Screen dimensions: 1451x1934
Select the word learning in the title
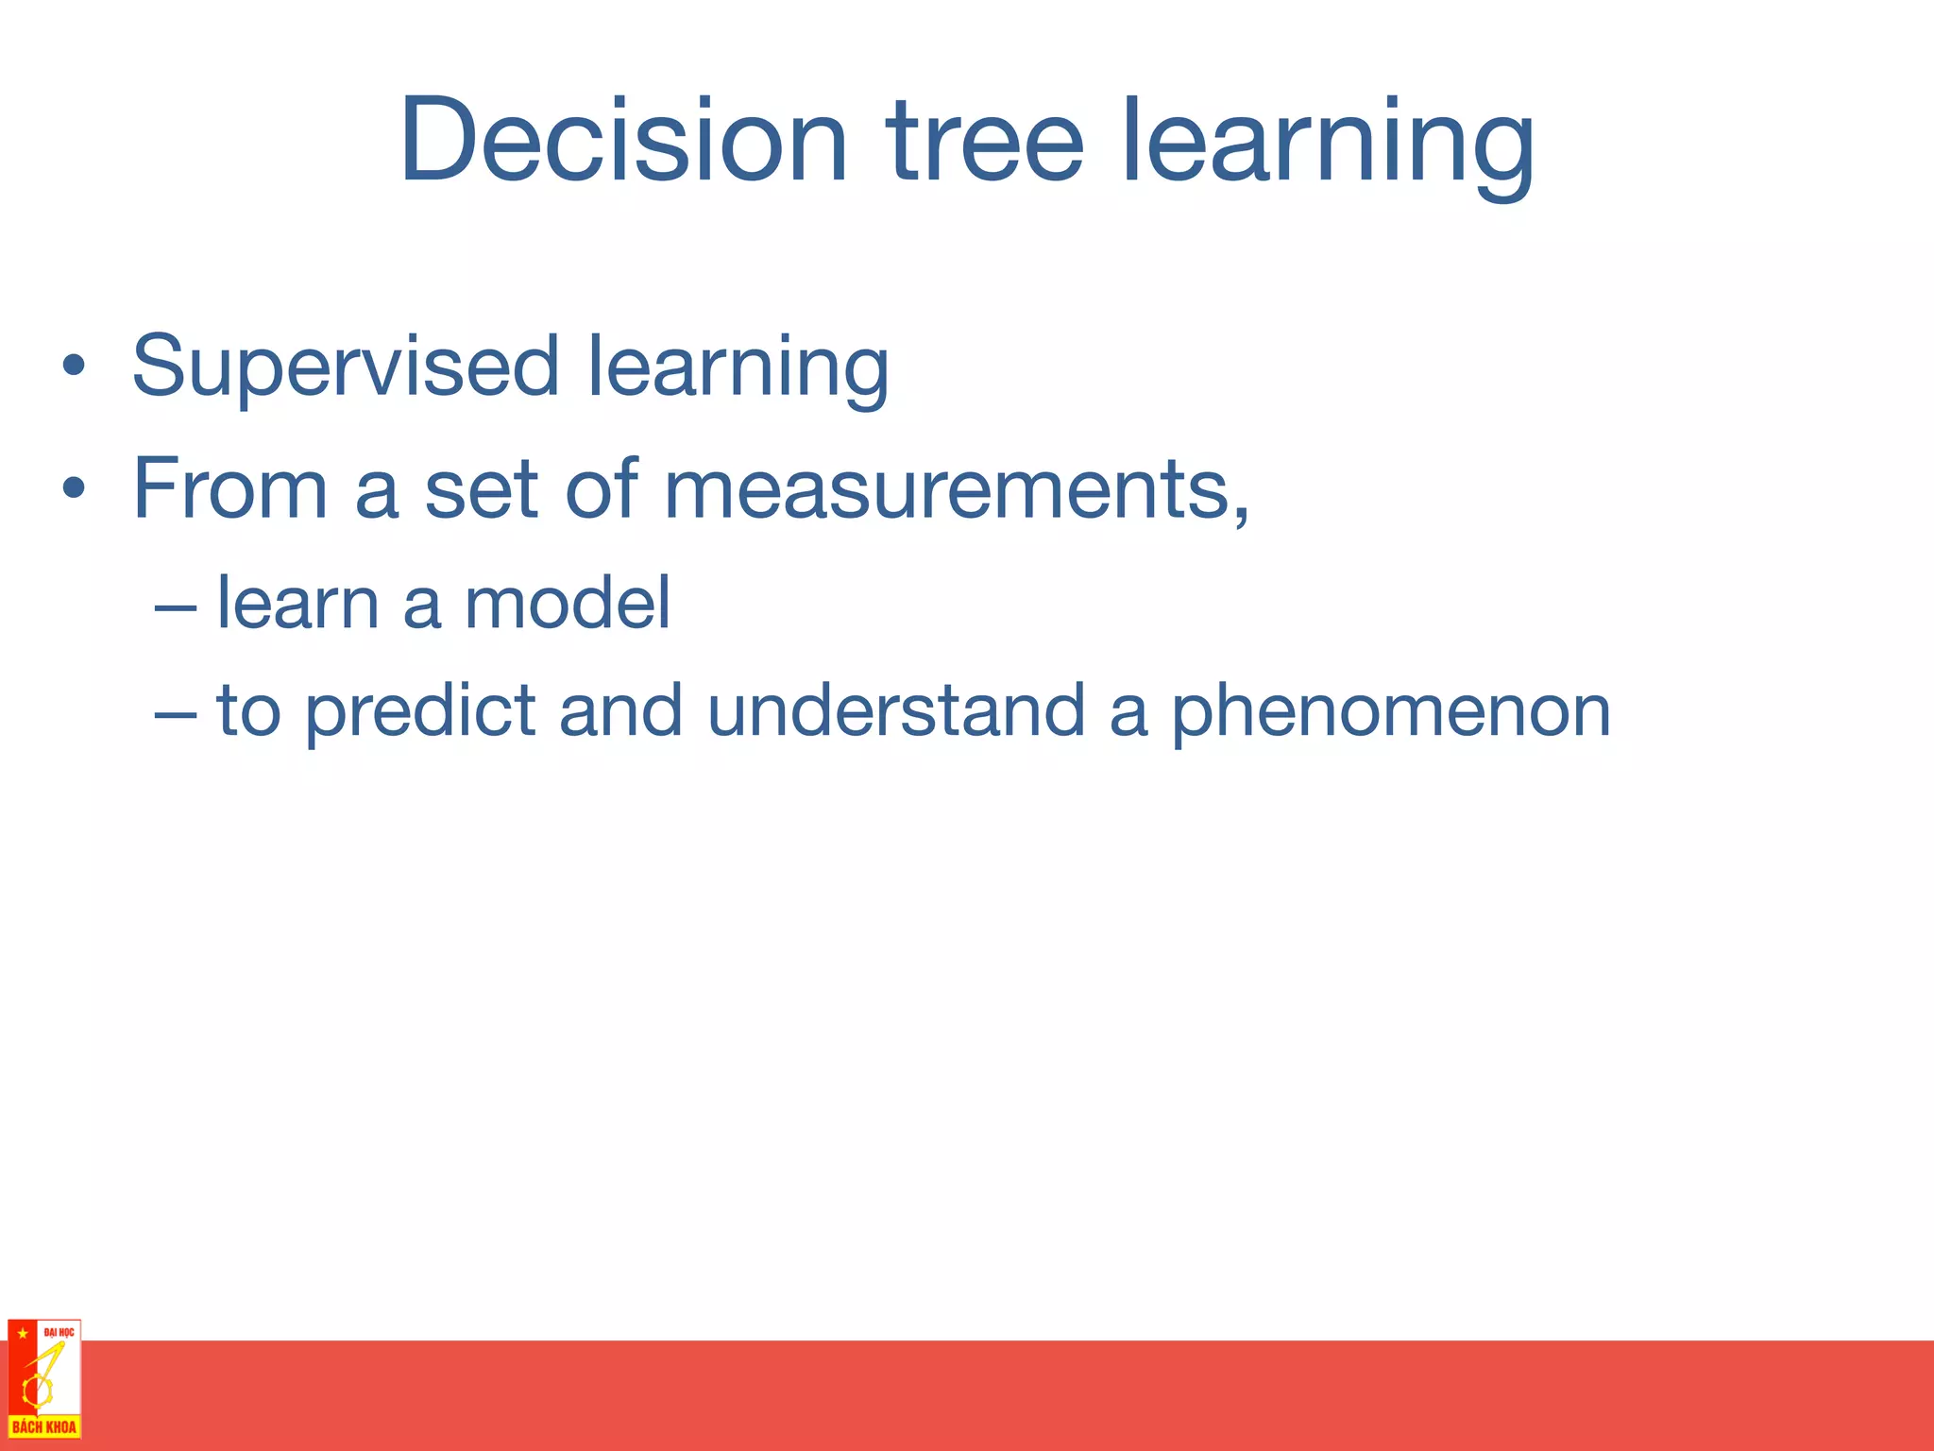1327,146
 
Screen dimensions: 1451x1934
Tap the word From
229,488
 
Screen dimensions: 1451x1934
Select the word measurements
954,488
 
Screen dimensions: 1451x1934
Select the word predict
420,713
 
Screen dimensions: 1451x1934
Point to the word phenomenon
1391,713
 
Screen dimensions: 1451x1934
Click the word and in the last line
620,710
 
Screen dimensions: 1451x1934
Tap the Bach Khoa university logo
44,1379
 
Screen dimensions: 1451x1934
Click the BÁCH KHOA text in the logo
44,1426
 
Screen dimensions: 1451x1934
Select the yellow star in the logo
22,1333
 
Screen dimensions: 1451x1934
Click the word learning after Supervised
738,368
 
